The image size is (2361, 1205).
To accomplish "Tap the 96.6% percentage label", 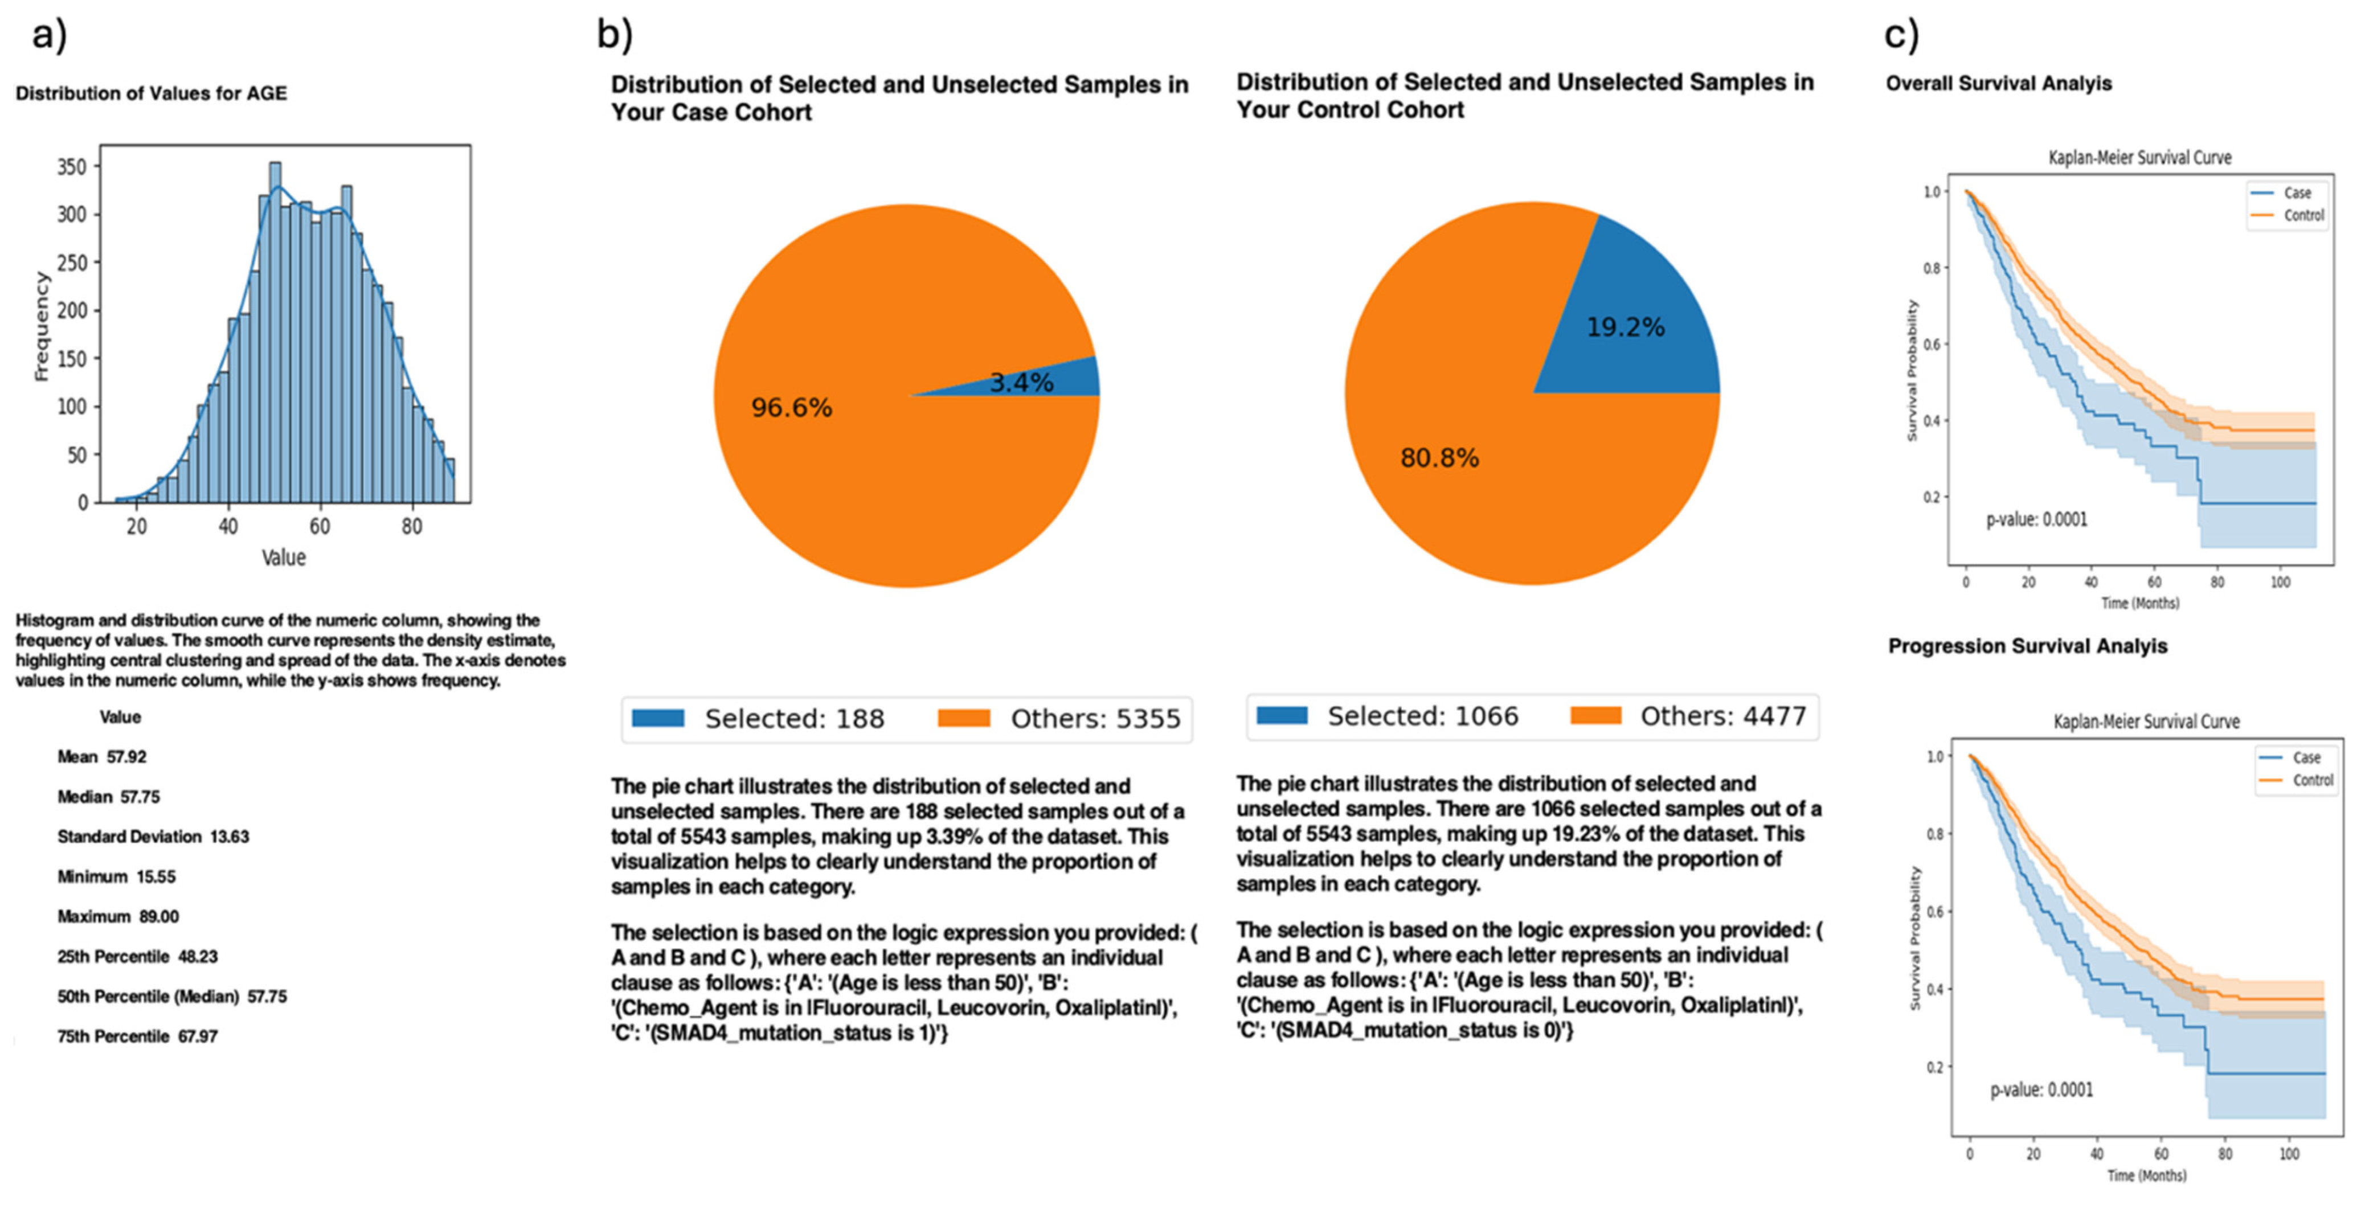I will [791, 408].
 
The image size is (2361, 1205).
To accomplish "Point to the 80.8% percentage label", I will [1439, 458].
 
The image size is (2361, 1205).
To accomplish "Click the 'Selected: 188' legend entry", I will [759, 719].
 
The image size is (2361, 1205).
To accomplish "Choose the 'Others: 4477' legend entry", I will [1688, 716].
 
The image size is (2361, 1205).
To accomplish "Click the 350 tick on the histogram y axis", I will [72, 167].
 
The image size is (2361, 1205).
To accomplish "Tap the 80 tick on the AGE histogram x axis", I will [411, 526].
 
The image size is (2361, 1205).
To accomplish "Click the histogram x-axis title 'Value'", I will [283, 557].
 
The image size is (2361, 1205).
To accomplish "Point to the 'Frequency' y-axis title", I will [40, 325].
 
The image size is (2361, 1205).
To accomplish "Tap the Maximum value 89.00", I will [159, 916].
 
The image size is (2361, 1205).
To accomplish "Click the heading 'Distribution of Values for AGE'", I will [151, 93].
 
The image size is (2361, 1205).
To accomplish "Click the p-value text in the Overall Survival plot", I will [2036, 519].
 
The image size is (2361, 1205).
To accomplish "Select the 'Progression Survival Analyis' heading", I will [2027, 646].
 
